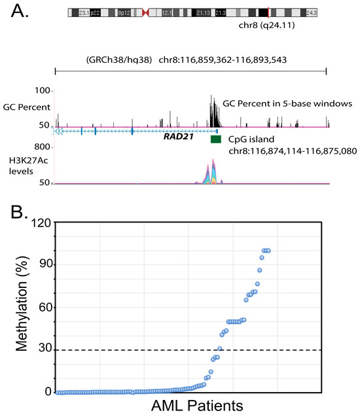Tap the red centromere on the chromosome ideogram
145,12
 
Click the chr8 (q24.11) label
268,30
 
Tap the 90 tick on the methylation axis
41,264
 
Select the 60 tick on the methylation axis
41,307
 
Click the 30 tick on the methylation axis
41,350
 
